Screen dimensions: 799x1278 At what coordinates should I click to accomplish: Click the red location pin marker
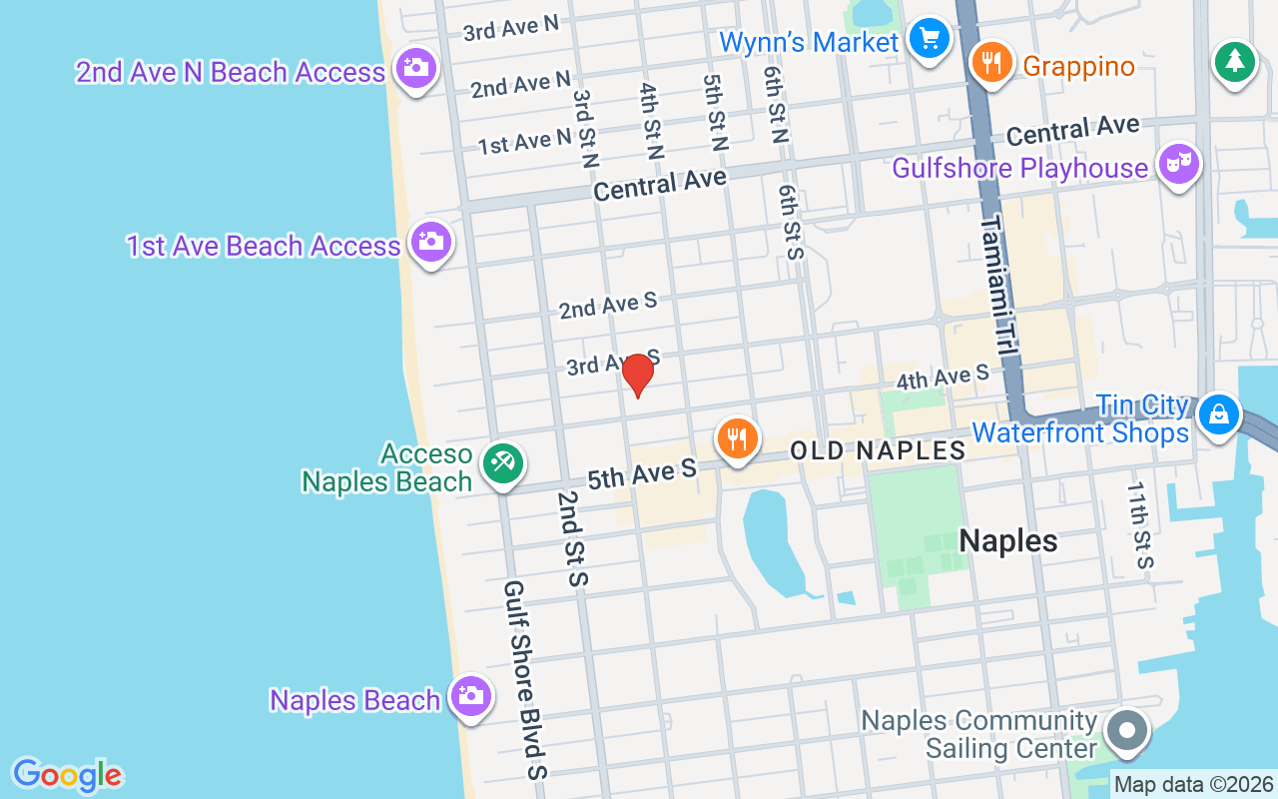click(x=637, y=375)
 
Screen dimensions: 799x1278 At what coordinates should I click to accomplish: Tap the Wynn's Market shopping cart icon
click(x=930, y=39)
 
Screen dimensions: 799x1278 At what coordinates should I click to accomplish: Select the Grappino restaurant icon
click(x=990, y=63)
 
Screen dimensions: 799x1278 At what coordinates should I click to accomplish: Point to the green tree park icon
click(x=1235, y=62)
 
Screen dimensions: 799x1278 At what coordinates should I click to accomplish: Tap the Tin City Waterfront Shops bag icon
click(x=1218, y=413)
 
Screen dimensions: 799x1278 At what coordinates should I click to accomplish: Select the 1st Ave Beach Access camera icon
click(x=430, y=242)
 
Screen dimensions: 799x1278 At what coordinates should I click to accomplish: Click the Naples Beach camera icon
click(x=469, y=696)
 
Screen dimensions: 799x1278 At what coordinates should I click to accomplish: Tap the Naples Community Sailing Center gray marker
click(x=1127, y=730)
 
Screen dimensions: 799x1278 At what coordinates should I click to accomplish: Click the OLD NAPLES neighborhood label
click(x=878, y=450)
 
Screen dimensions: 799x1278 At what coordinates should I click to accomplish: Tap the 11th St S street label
click(x=1139, y=524)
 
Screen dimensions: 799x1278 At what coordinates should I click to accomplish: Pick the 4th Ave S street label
click(x=942, y=377)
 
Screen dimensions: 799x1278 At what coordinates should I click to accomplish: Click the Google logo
click(x=67, y=775)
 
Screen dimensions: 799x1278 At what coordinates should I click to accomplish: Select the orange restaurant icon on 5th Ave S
click(x=737, y=438)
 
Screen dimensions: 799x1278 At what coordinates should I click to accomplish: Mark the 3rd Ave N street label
click(x=510, y=27)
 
